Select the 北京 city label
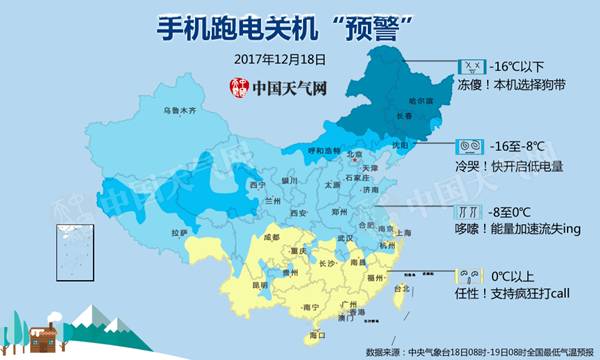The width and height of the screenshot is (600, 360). tap(354, 155)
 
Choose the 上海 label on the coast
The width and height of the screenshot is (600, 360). tap(404, 232)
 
